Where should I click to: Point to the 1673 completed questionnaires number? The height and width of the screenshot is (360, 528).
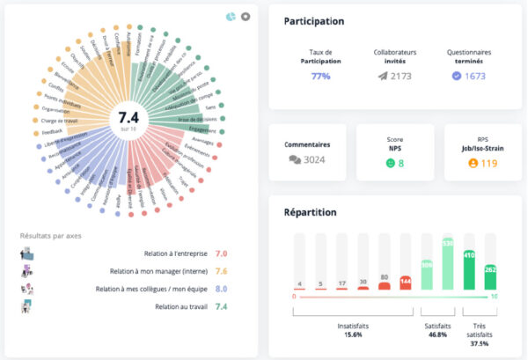tap(475, 77)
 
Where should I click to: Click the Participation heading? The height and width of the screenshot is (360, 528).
tap(314, 20)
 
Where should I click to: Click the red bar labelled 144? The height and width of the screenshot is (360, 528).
tap(406, 283)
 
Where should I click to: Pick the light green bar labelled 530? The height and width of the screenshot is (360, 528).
tap(449, 265)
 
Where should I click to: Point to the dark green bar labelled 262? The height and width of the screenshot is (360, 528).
tap(491, 276)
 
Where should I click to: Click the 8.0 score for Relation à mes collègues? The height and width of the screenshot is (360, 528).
tap(222, 289)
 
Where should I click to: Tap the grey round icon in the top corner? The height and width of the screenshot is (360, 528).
tap(246, 16)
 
